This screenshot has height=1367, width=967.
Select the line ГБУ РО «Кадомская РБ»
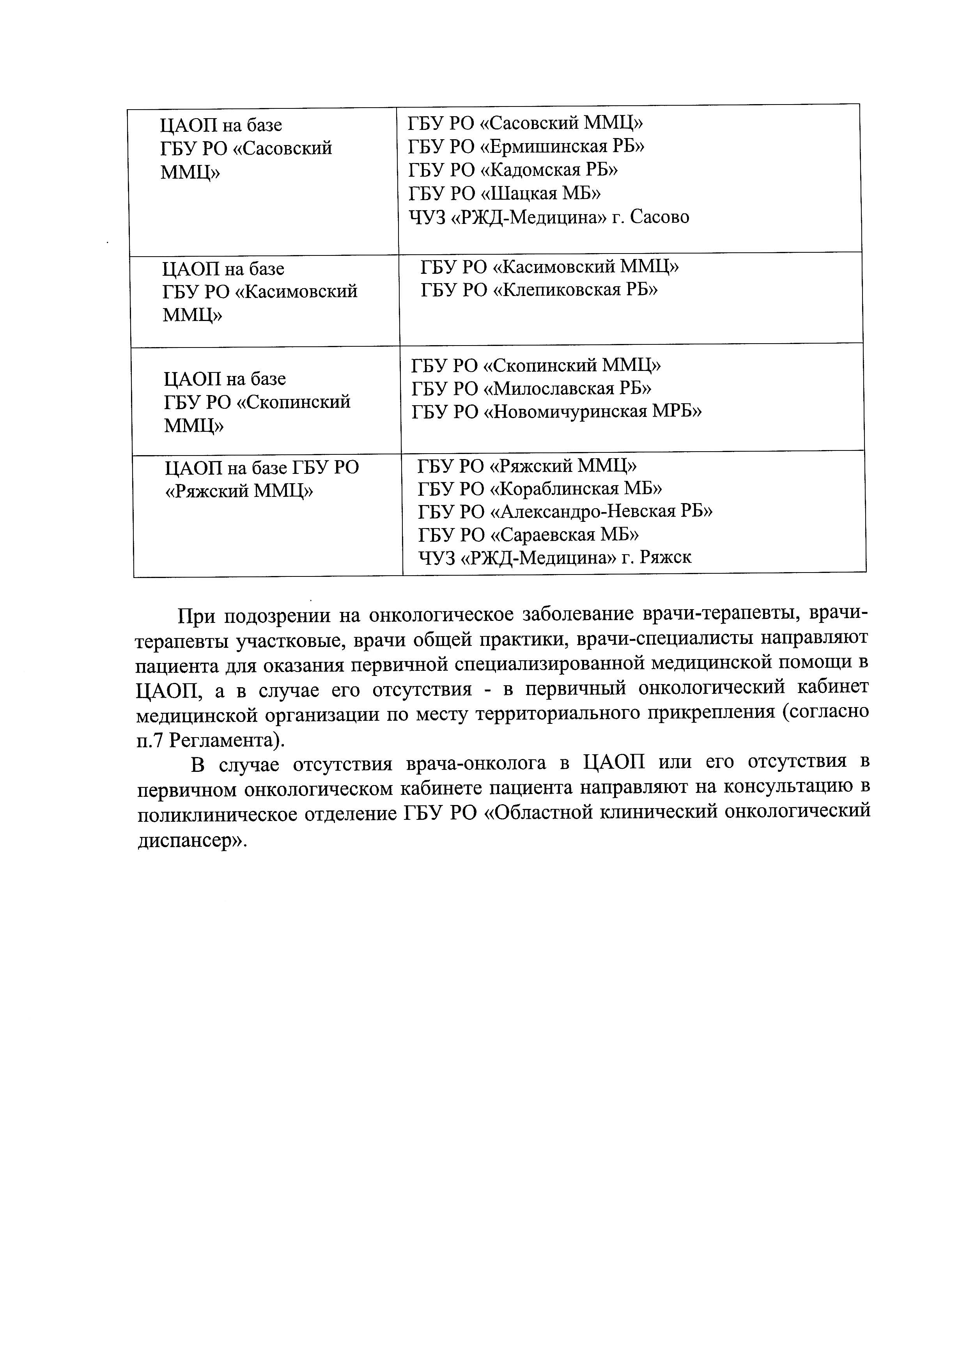(513, 170)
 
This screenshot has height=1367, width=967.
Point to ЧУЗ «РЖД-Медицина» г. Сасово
(548, 217)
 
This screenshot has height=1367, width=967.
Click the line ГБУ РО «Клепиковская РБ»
(539, 291)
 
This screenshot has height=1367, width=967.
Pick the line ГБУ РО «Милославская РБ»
(531, 389)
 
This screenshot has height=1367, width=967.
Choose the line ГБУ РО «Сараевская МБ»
(529, 535)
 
